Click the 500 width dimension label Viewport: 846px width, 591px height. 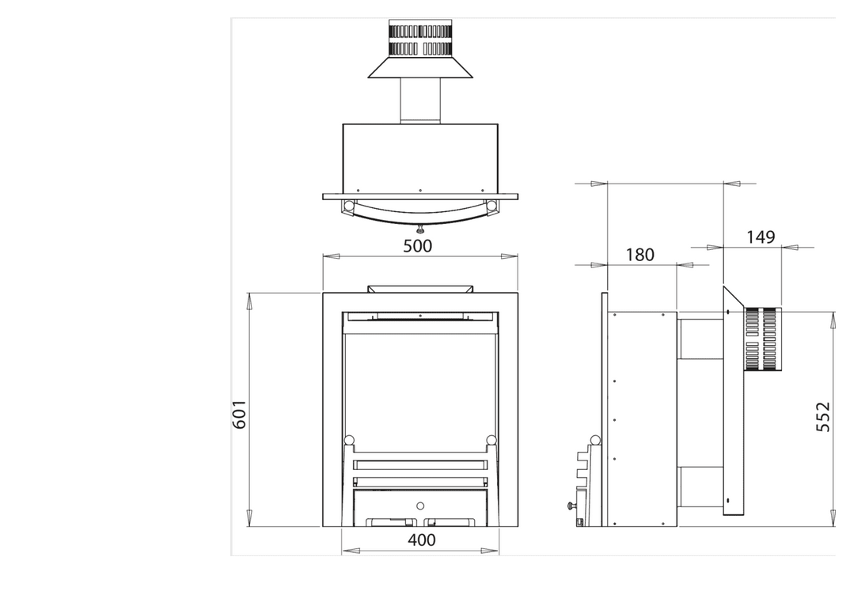[x=418, y=246]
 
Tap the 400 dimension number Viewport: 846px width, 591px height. [x=421, y=540]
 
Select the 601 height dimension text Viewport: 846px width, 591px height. [x=239, y=415]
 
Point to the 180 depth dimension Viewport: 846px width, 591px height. [x=640, y=255]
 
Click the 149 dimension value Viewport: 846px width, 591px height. [x=761, y=237]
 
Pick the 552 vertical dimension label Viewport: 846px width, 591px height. [x=823, y=417]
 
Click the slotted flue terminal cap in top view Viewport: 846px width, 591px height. [x=420, y=38]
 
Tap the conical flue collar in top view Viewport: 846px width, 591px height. [x=420, y=67]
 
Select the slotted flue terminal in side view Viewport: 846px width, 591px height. [x=763, y=339]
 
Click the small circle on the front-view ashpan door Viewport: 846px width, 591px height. [x=420, y=506]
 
